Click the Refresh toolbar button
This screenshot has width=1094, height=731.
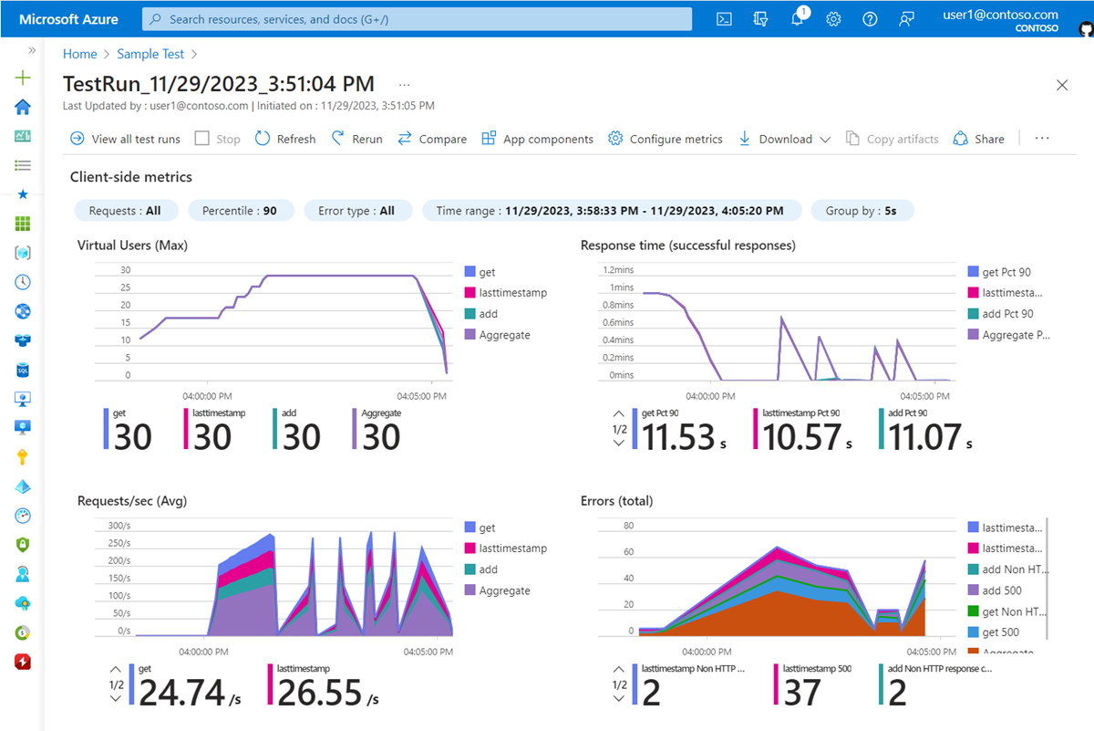click(x=285, y=139)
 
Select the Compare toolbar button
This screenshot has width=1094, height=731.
click(x=432, y=139)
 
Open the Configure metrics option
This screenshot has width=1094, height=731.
click(x=666, y=139)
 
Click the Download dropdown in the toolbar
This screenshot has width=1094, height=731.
click(x=784, y=139)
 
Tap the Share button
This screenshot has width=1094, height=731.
click(x=979, y=139)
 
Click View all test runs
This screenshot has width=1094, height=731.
click(x=125, y=139)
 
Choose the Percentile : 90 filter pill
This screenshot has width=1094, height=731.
click(x=241, y=211)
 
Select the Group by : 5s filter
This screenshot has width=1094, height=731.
click(x=862, y=211)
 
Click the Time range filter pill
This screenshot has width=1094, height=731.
click(x=611, y=211)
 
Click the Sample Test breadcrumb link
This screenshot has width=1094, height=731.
click(x=150, y=55)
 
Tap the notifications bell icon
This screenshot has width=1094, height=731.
click(x=797, y=19)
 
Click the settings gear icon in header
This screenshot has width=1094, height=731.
click(x=833, y=19)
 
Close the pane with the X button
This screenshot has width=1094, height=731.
click(x=1062, y=85)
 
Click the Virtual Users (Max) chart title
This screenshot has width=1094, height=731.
click(x=133, y=245)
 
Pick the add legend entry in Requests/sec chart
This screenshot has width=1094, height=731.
click(x=488, y=569)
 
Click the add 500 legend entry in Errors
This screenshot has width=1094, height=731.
click(x=1001, y=590)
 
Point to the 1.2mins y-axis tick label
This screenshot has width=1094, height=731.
click(x=617, y=270)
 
